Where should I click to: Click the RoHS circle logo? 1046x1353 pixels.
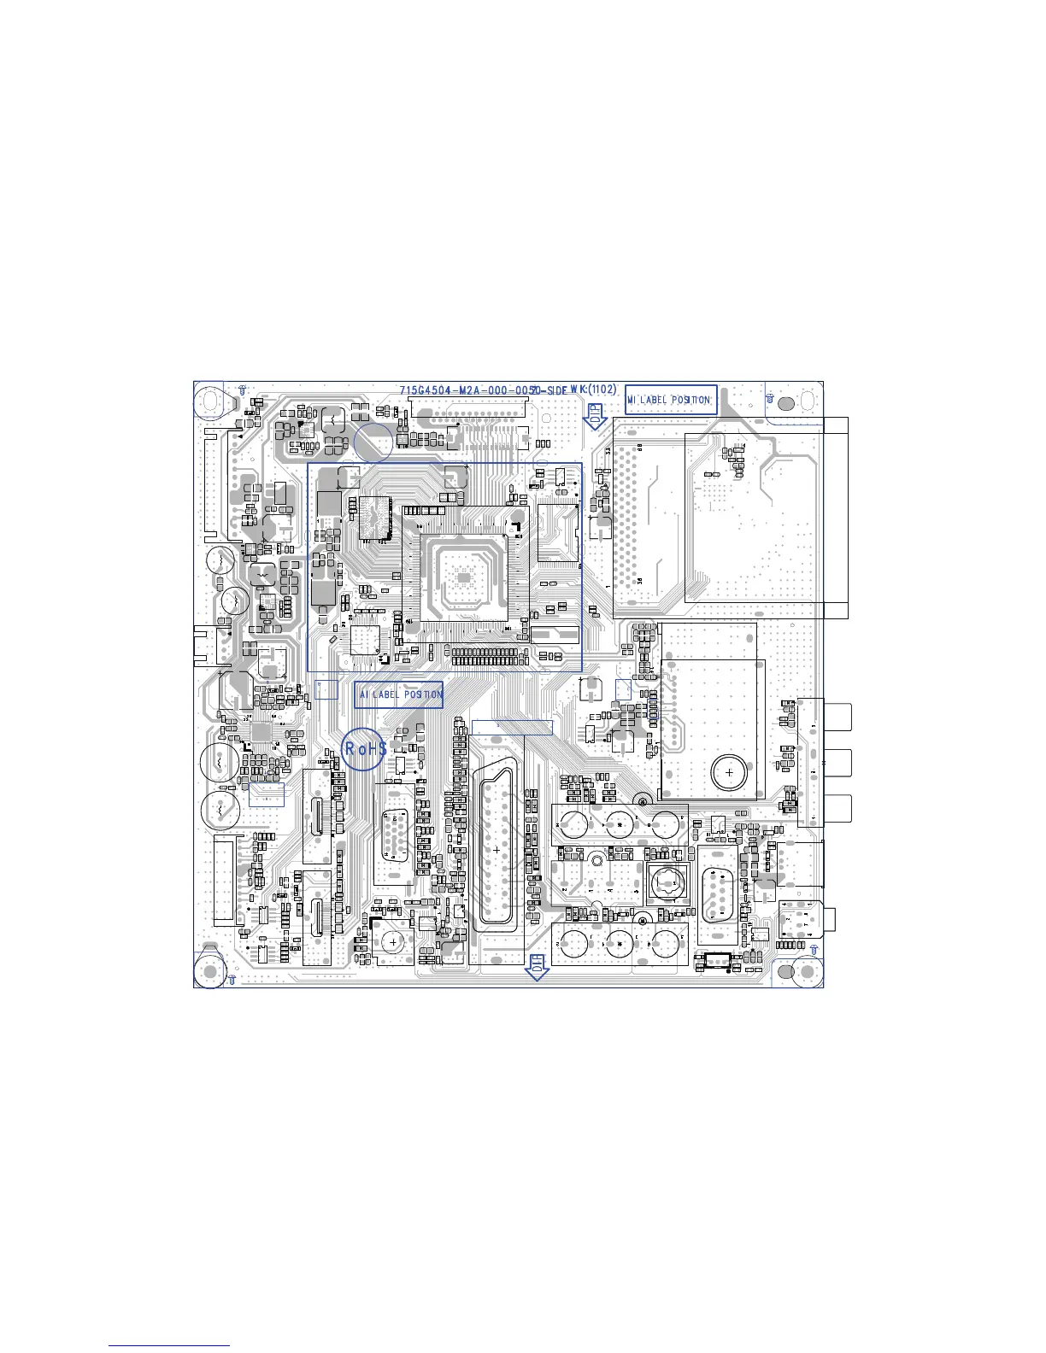tap(364, 749)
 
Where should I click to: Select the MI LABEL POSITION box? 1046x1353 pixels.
tap(670, 399)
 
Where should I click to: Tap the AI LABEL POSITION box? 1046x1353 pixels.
tap(398, 694)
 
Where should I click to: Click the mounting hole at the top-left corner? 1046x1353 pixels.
tap(209, 399)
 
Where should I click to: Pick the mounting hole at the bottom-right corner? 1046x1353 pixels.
tap(807, 972)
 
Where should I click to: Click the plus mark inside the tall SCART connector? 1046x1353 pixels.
tap(497, 849)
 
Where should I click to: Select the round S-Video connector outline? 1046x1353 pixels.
tap(669, 882)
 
